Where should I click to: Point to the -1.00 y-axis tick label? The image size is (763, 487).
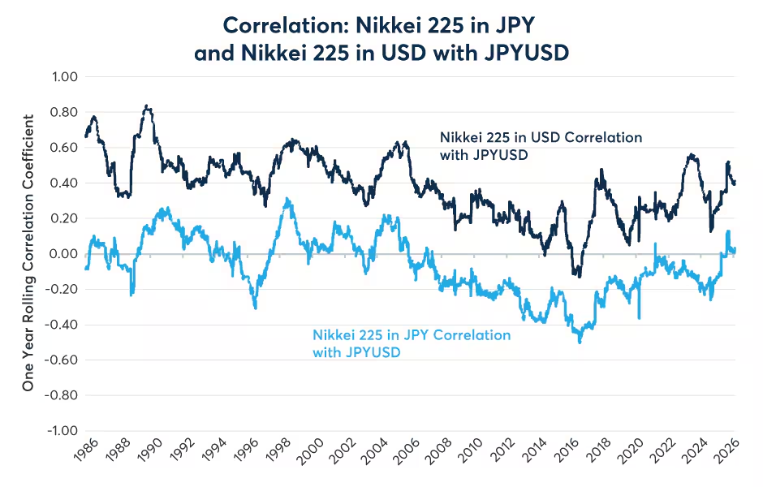click(62, 430)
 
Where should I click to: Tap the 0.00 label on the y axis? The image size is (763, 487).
click(63, 254)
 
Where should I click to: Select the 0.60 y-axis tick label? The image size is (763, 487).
click(63, 148)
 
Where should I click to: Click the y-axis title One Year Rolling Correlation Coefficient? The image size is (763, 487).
click(28, 254)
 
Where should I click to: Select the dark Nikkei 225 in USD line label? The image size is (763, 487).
click(540, 145)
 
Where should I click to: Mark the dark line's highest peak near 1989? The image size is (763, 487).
click(145, 106)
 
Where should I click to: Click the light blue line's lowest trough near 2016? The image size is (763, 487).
click(580, 343)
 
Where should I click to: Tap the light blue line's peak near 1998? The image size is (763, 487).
click(288, 198)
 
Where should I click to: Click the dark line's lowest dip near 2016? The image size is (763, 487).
click(578, 276)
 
